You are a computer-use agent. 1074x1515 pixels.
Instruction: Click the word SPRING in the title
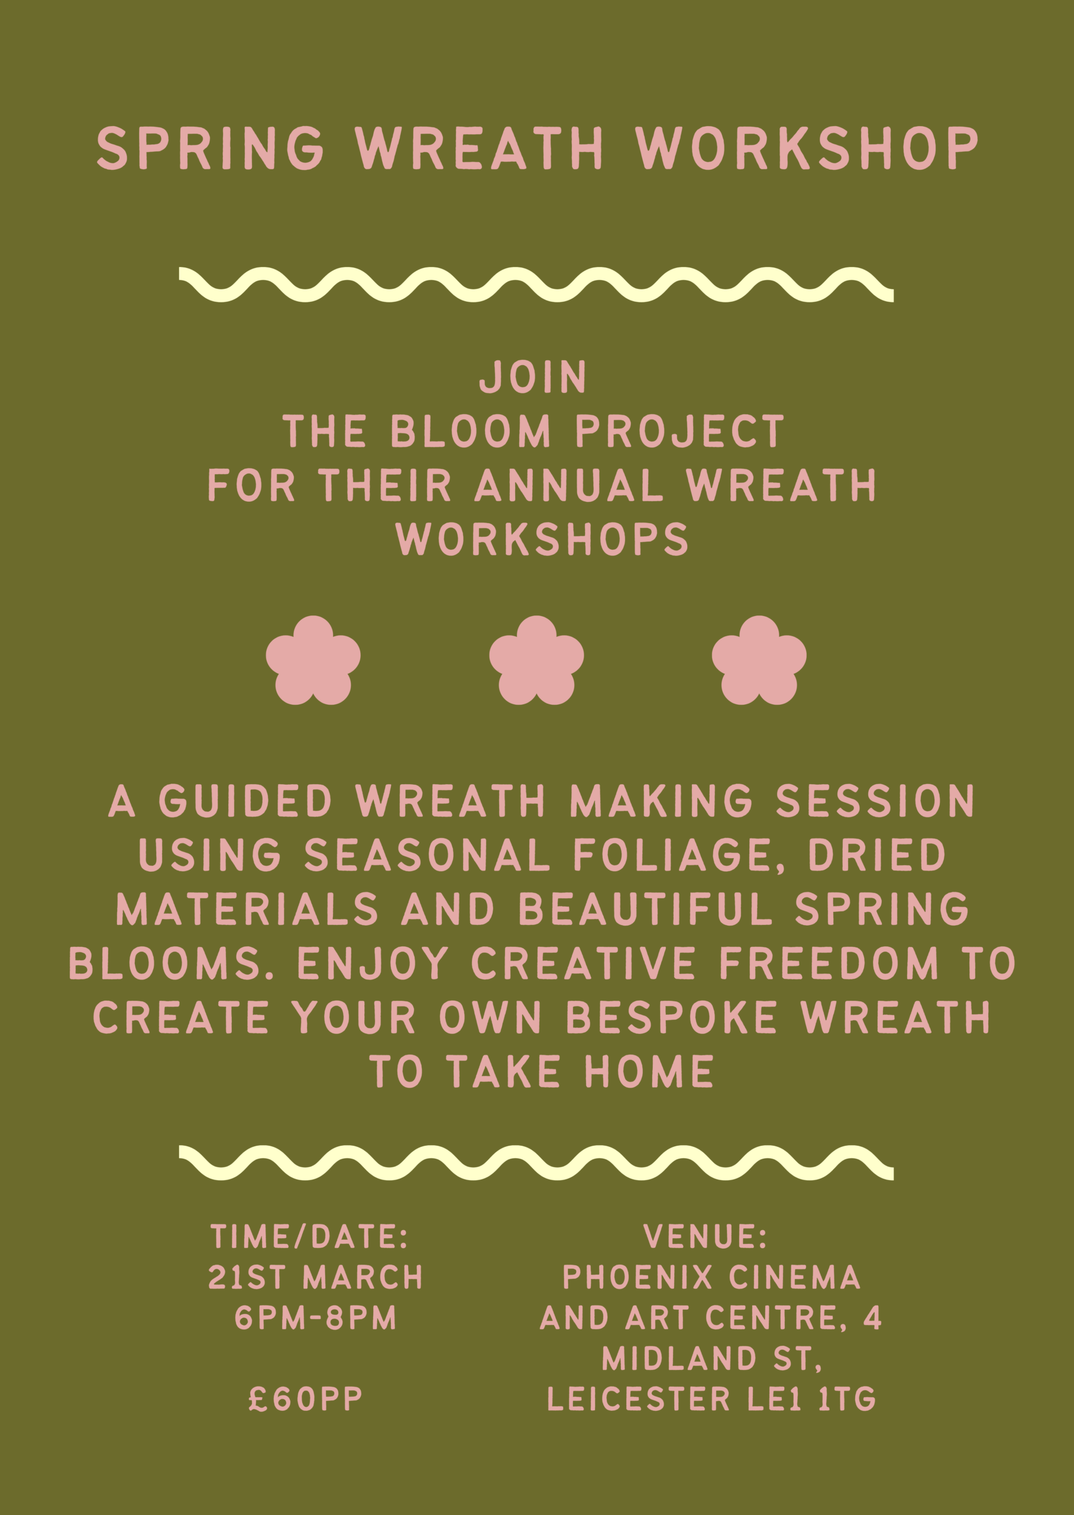[x=211, y=148]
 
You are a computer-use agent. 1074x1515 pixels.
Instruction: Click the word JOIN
[x=533, y=377]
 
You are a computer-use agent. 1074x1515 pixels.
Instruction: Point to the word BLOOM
[x=470, y=431]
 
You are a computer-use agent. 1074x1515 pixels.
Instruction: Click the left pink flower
[x=313, y=660]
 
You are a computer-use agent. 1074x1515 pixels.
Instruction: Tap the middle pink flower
[x=536, y=660]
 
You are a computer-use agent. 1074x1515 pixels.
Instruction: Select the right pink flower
[x=759, y=660]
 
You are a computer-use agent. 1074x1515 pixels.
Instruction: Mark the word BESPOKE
[x=672, y=1017]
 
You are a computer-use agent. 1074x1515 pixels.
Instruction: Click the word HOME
[x=649, y=1071]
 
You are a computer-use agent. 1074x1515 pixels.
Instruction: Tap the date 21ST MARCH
[x=315, y=1278]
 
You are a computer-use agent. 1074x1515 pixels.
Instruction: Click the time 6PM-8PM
[x=315, y=1318]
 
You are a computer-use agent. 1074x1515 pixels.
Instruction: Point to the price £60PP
[x=306, y=1399]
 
